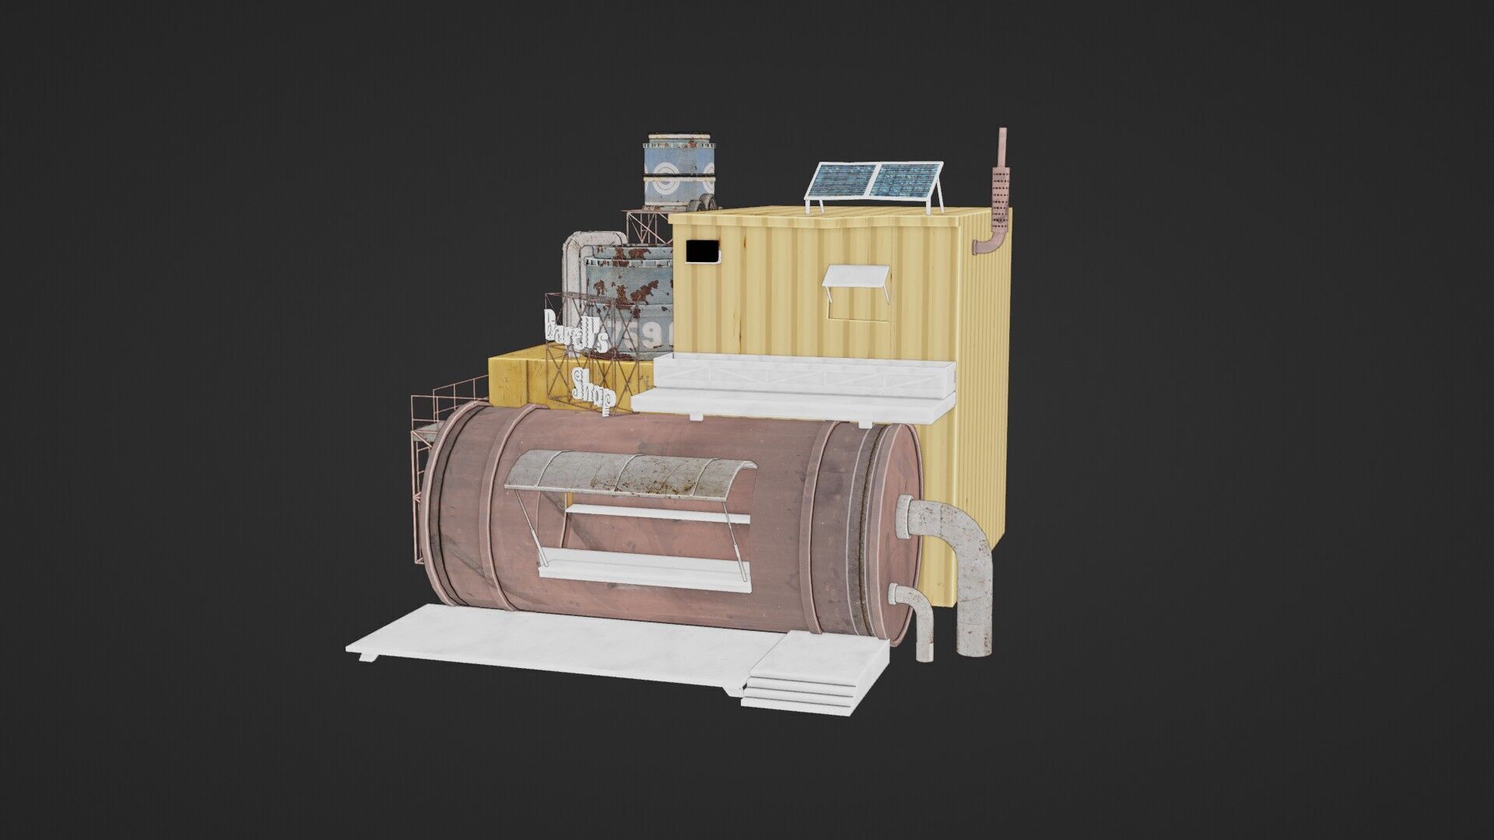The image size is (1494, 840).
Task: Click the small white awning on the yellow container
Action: click(856, 276)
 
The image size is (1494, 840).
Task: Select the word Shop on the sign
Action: click(593, 387)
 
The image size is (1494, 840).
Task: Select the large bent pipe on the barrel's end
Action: click(969, 568)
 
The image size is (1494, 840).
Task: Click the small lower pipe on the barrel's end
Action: click(918, 618)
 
